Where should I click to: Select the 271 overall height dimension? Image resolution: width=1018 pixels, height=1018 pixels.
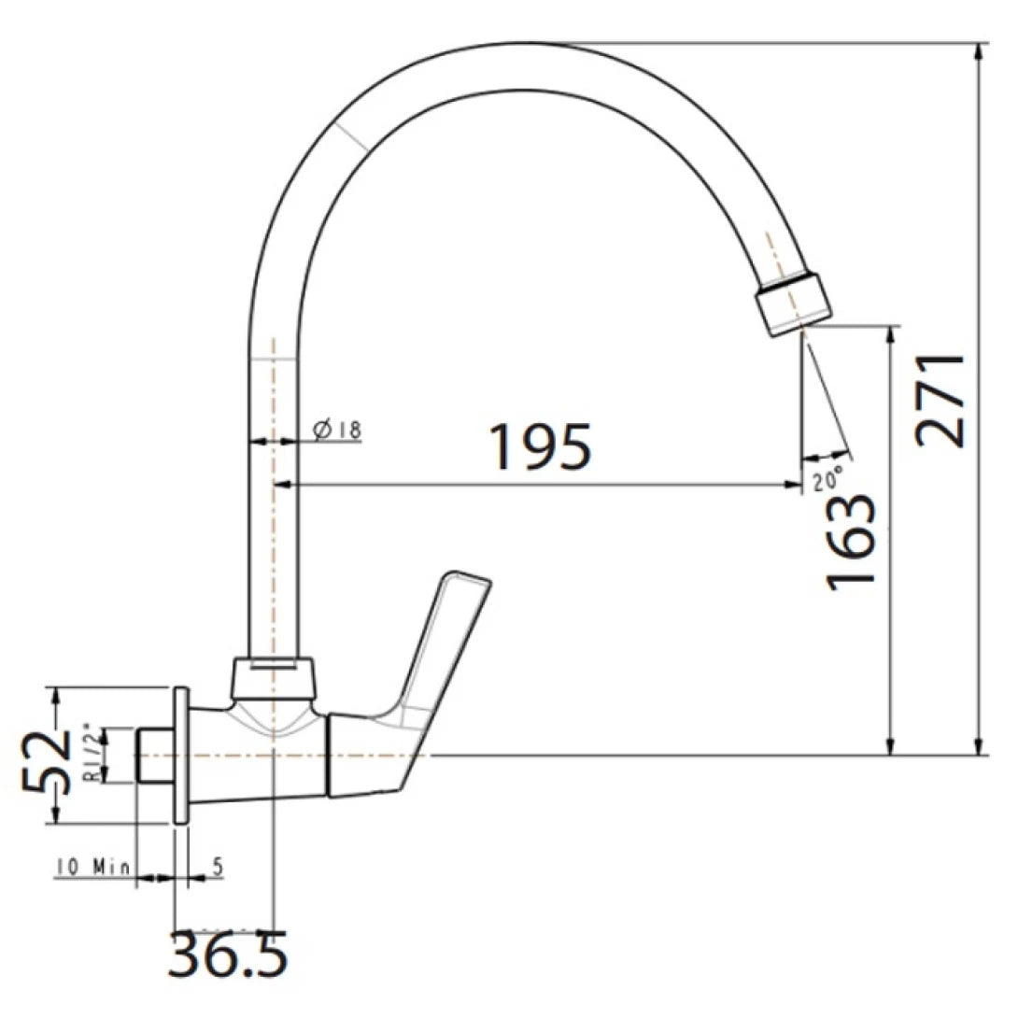click(x=940, y=401)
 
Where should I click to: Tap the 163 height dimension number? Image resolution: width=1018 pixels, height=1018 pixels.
click(x=851, y=540)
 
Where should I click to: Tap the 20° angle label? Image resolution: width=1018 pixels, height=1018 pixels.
click(x=827, y=481)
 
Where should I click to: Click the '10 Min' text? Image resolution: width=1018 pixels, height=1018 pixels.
click(x=93, y=867)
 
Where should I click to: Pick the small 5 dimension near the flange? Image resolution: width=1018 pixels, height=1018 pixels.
click(x=217, y=867)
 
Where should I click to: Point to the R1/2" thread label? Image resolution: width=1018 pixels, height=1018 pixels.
click(x=92, y=753)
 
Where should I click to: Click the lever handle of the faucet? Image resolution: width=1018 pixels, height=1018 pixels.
click(x=439, y=654)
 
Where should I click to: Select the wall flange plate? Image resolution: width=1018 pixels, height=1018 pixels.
click(x=181, y=756)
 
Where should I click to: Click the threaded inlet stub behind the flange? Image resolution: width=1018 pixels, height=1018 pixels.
click(x=155, y=756)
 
